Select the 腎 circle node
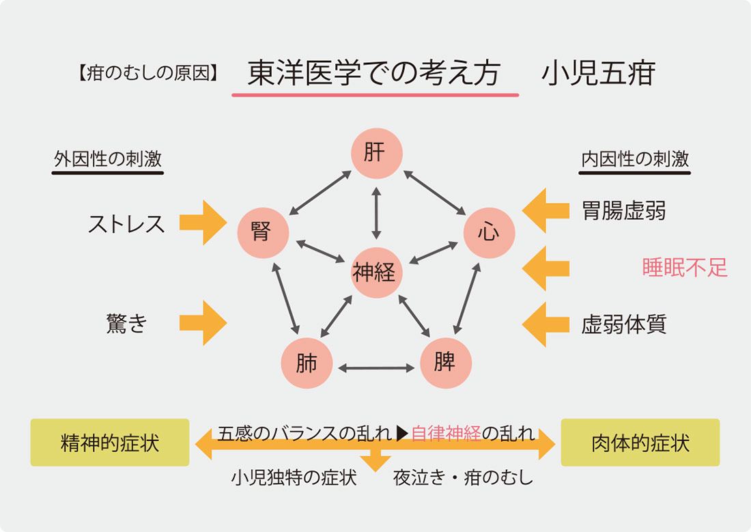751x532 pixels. click(x=263, y=232)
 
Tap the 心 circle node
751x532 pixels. click(x=489, y=232)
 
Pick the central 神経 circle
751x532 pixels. click(x=374, y=273)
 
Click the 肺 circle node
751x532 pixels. click(x=307, y=363)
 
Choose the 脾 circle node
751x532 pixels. click(x=445, y=361)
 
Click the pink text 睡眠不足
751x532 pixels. click(x=685, y=268)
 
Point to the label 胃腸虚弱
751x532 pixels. click(x=623, y=210)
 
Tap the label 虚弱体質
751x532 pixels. click(x=623, y=323)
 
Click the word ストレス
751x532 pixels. click(x=127, y=224)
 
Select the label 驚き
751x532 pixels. click(x=127, y=323)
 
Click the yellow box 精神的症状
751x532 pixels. click(x=110, y=443)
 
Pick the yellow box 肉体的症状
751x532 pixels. click(x=640, y=443)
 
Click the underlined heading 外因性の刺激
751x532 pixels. click(x=108, y=159)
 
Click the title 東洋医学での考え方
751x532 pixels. click(x=374, y=73)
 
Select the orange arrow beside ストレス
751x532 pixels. click(x=203, y=223)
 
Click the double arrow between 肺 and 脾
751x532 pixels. click(x=376, y=368)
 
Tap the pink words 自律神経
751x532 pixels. click(x=446, y=434)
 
